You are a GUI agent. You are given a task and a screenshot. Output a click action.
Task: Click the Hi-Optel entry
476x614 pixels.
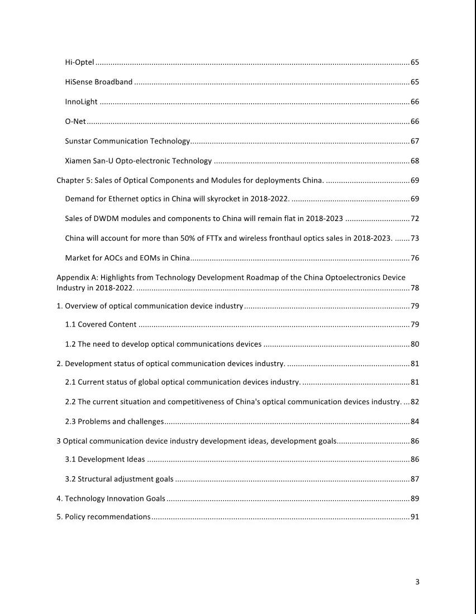click(79, 62)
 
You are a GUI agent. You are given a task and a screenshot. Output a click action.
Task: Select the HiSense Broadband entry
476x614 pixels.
click(98, 82)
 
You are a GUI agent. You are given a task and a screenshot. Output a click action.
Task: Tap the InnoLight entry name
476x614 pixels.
click(81, 102)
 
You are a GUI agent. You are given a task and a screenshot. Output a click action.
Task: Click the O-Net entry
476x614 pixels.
click(75, 122)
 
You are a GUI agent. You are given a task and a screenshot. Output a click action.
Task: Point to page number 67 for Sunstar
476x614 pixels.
click(415, 141)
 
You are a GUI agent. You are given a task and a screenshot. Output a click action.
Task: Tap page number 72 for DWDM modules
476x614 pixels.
click(415, 218)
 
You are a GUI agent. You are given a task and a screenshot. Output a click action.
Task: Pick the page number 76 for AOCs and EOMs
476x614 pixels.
click(415, 258)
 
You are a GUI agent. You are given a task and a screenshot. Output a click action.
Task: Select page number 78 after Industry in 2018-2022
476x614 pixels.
click(415, 288)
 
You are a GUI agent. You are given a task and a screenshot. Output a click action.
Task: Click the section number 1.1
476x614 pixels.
click(71, 324)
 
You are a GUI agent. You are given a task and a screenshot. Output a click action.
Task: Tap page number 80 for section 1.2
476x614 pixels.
click(415, 344)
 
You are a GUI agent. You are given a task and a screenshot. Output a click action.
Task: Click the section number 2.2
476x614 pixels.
click(71, 402)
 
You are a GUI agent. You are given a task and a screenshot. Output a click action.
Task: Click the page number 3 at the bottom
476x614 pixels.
click(417, 582)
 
